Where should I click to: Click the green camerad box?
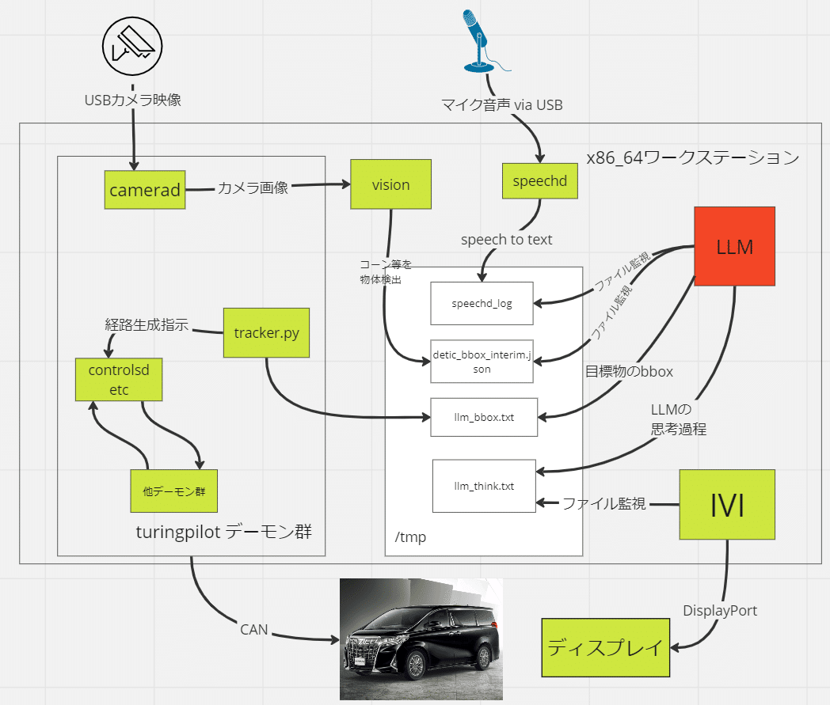(145, 190)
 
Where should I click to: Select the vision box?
(391, 184)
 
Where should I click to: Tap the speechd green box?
(540, 180)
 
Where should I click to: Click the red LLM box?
(734, 246)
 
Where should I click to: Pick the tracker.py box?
(266, 332)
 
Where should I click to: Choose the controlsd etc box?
(119, 379)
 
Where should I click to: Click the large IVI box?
(727, 505)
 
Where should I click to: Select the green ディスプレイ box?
(605, 648)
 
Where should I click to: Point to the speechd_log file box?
(482, 302)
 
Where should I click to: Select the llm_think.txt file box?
(484, 486)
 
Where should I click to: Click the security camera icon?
(133, 44)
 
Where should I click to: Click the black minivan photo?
(421, 639)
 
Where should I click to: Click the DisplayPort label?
(721, 611)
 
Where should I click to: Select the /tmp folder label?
(410, 537)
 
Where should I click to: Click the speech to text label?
(507, 239)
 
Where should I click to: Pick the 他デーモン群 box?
(173, 491)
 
